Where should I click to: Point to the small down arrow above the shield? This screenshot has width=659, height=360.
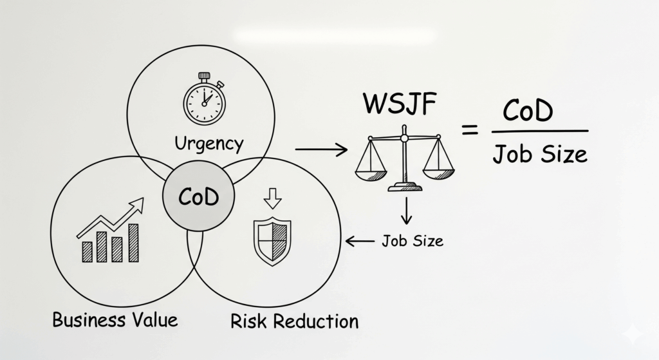pyautogui.click(x=273, y=200)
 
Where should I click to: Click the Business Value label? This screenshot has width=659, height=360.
pyautogui.click(x=115, y=319)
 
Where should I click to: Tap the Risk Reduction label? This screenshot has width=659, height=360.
pyautogui.click(x=294, y=321)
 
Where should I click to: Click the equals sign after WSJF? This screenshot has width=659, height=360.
pyautogui.click(x=470, y=130)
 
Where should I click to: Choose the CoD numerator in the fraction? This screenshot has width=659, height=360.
pyautogui.click(x=527, y=112)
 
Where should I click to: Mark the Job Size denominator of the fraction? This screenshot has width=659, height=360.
pyautogui.click(x=540, y=154)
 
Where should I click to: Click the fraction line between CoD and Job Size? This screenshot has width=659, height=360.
pyautogui.click(x=539, y=131)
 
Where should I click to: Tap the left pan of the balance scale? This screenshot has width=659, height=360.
pyautogui.click(x=371, y=173)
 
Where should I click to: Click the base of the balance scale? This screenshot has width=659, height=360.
pyautogui.click(x=405, y=187)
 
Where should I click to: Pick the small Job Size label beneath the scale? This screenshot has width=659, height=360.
pyautogui.click(x=412, y=242)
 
